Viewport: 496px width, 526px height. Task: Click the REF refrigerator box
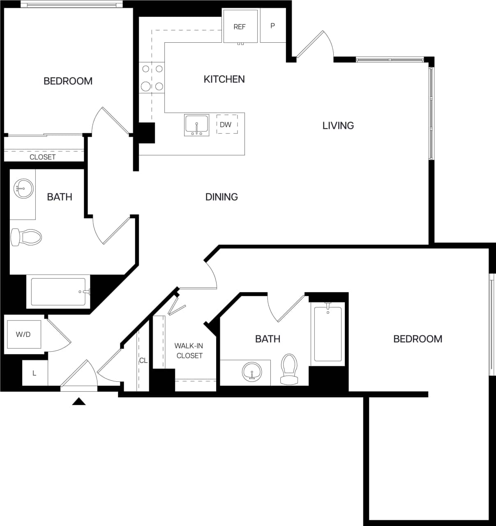pyautogui.click(x=240, y=26)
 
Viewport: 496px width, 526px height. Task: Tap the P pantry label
pyautogui.click(x=272, y=25)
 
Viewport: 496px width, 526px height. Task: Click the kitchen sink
pyautogui.click(x=196, y=125)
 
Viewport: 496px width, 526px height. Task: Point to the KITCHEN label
pyautogui.click(x=224, y=79)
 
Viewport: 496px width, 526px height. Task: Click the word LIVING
pyautogui.click(x=338, y=125)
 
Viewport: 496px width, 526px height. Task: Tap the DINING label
pyautogui.click(x=221, y=197)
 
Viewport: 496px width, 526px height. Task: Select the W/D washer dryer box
pyautogui.click(x=23, y=334)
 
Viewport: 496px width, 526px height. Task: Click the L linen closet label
pyautogui.click(x=35, y=373)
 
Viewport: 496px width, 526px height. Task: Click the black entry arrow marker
pyautogui.click(x=78, y=401)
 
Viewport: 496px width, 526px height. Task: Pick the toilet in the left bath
pyautogui.click(x=26, y=237)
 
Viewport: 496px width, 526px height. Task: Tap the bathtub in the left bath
pyautogui.click(x=58, y=292)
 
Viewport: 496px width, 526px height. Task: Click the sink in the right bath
pyautogui.click(x=251, y=372)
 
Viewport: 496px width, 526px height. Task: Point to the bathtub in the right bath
pyautogui.click(x=328, y=334)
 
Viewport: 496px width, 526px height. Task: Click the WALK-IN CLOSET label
pyautogui.click(x=189, y=351)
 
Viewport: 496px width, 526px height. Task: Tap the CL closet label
pyautogui.click(x=143, y=360)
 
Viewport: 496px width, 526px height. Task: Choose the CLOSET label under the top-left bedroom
pyautogui.click(x=42, y=157)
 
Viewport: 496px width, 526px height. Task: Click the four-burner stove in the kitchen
pyautogui.click(x=152, y=78)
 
